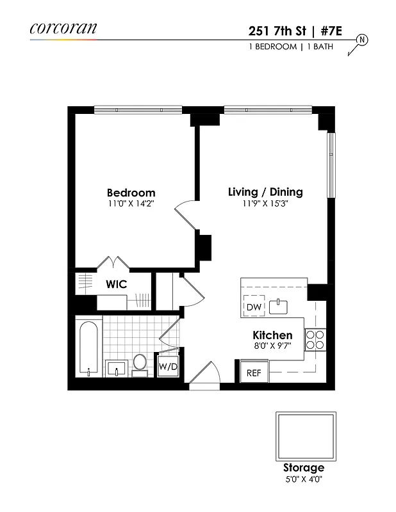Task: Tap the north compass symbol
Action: (361, 40)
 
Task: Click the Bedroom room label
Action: (131, 193)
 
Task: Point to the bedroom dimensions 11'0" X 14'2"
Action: (131, 204)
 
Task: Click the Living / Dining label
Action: (265, 192)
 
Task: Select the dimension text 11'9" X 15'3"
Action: (265, 204)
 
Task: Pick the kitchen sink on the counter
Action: (279, 307)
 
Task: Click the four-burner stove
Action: (315, 339)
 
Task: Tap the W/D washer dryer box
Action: (168, 367)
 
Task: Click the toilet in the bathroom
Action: (140, 362)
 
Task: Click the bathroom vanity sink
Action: (115, 369)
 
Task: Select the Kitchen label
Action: (272, 335)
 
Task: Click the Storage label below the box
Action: (304, 468)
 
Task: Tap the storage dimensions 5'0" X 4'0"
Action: (304, 479)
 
